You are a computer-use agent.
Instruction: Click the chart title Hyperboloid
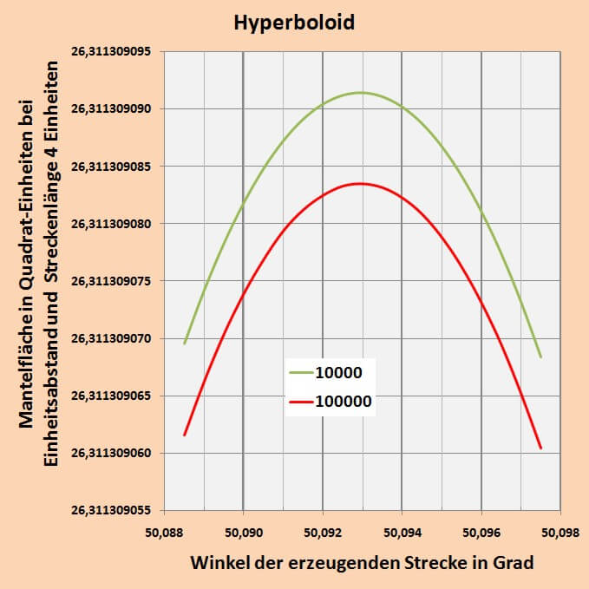[294, 23]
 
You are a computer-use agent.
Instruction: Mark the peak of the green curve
[360, 92]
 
